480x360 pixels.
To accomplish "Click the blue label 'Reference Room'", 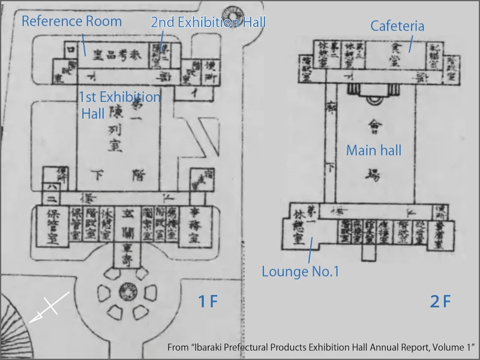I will coord(72,22).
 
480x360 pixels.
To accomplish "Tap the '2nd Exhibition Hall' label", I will coord(208,22).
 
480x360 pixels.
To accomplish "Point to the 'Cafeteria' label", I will coord(397,26).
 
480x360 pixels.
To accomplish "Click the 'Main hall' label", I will coord(374,151).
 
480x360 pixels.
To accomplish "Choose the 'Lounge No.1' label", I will coord(301,271).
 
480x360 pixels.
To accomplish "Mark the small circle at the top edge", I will coord(231,10).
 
